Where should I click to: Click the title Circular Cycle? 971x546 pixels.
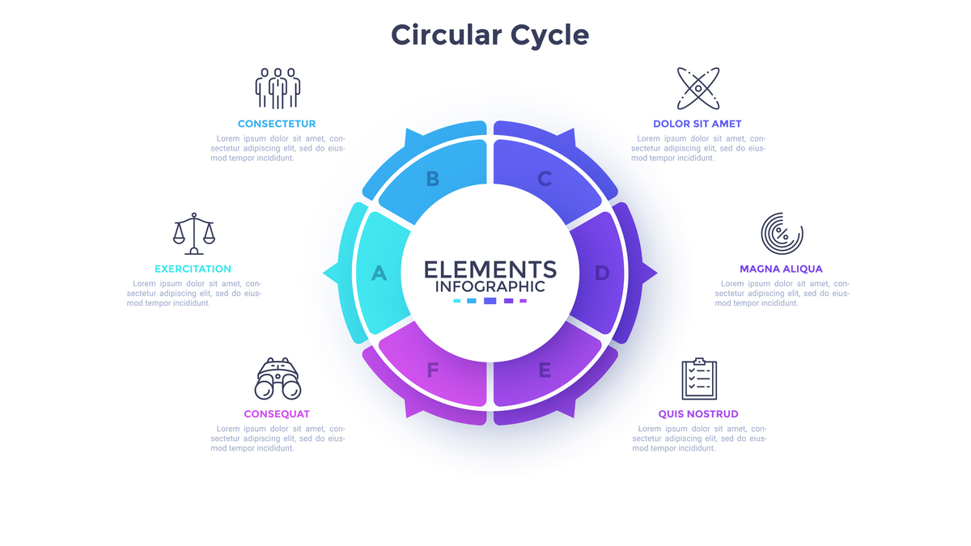pos(490,35)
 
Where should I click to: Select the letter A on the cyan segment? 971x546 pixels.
pos(379,273)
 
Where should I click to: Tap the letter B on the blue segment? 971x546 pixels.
pos(433,179)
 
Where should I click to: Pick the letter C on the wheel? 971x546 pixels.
pos(545,179)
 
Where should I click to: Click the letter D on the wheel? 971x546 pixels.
pos(601,273)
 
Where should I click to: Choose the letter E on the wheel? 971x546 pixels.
pos(545,370)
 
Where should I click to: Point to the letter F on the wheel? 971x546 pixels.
pos(433,370)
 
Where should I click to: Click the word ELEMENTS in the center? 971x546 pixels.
pos(490,269)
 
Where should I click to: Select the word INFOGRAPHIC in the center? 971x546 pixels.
pos(490,286)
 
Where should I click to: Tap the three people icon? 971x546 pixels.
pos(278,88)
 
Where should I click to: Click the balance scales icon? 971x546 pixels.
pos(194,234)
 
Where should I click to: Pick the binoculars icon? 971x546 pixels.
pos(278,379)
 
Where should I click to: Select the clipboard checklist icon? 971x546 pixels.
pos(698,379)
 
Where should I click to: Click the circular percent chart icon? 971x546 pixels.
pos(782,234)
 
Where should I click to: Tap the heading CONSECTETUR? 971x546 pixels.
pos(277,124)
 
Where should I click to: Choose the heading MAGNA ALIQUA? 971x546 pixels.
pos(781,269)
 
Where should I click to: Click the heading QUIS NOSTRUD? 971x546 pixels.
pos(698,414)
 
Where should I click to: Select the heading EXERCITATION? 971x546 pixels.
pos(193,269)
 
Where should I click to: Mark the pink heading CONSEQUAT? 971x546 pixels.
pos(277,414)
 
